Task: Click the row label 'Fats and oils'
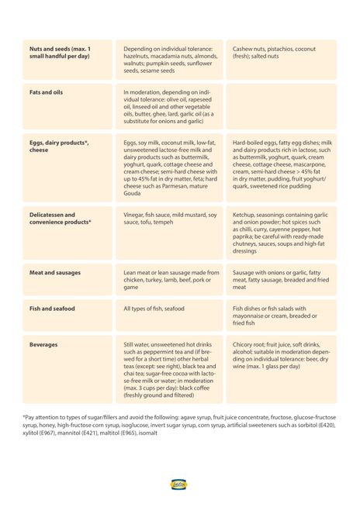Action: [x=46, y=92]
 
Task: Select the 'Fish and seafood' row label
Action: [x=52, y=309]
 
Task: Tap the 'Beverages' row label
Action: [x=43, y=344]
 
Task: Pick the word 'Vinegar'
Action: [x=136, y=215]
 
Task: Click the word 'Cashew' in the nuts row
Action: [x=244, y=50]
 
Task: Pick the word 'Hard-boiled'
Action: [x=251, y=143]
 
